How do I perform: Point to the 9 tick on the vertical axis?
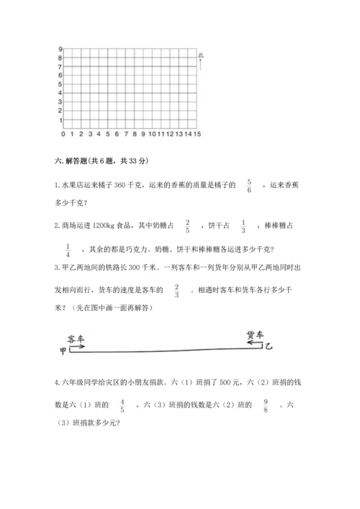tap(60, 48)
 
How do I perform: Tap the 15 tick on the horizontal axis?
tap(197, 134)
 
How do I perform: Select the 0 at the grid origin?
tap(63, 134)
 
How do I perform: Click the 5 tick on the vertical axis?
tap(60, 84)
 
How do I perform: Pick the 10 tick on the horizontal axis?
tap(153, 134)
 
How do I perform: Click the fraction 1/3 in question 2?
tap(243, 226)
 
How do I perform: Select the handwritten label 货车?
tap(256, 335)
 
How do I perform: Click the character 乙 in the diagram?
tap(269, 347)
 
